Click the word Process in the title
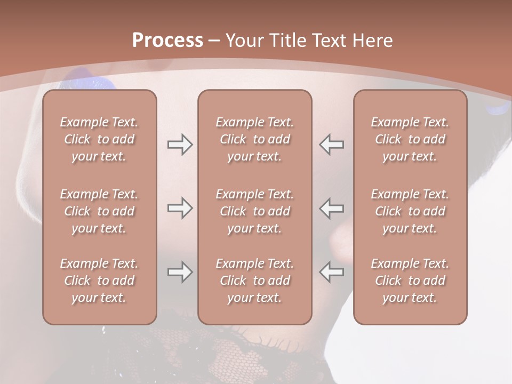(x=167, y=41)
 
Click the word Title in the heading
(x=289, y=41)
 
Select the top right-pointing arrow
(x=180, y=145)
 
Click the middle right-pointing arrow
(x=180, y=208)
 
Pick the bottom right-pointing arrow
(x=180, y=272)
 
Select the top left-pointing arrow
(x=332, y=145)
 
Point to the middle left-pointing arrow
(x=332, y=208)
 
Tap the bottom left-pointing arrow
(x=332, y=272)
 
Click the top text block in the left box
(x=99, y=139)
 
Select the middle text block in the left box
(x=99, y=211)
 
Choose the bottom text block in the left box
(x=99, y=281)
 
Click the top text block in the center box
(x=254, y=139)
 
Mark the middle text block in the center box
(x=254, y=211)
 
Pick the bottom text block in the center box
(x=254, y=281)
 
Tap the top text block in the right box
(x=410, y=139)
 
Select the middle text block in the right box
(x=410, y=211)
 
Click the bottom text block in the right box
(x=410, y=281)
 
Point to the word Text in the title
(x=330, y=41)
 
